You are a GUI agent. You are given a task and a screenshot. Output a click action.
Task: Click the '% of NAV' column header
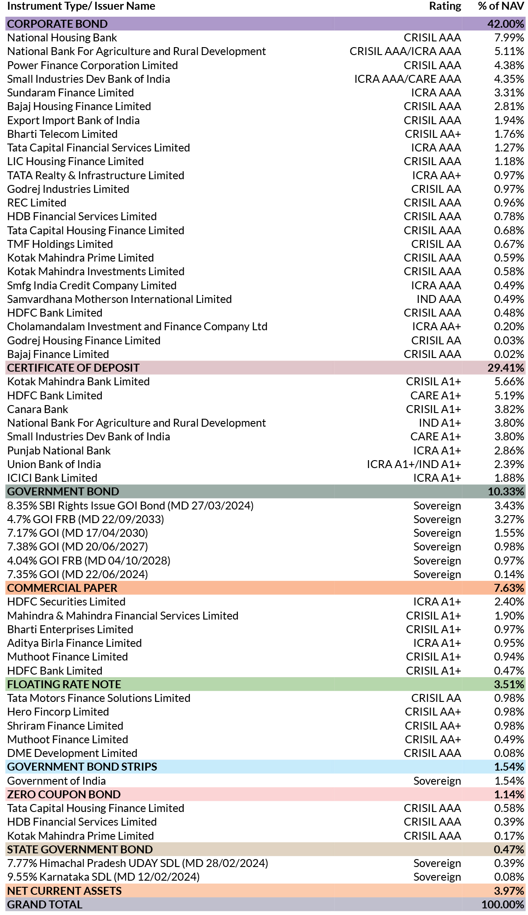click(501, 6)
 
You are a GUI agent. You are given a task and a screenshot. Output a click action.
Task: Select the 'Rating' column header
click(445, 6)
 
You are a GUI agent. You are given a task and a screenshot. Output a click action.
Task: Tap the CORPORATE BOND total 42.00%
click(506, 24)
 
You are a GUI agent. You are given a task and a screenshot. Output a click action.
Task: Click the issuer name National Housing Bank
click(62, 38)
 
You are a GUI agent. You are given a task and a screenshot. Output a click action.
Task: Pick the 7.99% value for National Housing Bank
click(509, 38)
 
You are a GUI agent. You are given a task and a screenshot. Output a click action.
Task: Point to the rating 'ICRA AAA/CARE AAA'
click(407, 79)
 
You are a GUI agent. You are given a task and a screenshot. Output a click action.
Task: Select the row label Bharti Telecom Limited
click(62, 134)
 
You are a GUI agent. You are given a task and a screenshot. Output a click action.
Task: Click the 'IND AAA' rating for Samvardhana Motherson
click(439, 299)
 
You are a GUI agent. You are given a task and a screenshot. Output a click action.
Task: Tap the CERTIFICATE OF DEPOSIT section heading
click(73, 368)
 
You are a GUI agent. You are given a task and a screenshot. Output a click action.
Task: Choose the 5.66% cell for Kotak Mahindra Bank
click(509, 382)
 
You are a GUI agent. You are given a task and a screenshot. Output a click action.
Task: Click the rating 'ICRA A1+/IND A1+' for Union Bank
click(414, 465)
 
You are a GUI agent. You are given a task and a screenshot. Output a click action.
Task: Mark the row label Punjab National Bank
click(59, 451)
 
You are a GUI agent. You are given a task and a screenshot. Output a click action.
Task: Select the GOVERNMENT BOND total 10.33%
click(506, 491)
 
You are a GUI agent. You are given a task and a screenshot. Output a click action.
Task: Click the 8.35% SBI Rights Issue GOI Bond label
click(130, 506)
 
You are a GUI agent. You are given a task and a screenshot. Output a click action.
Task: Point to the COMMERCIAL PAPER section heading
click(62, 588)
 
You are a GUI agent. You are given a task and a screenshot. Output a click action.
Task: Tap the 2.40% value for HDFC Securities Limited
click(509, 602)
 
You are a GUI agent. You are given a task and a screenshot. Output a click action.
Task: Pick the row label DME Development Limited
click(72, 753)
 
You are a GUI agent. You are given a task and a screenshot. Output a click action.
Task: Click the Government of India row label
click(56, 781)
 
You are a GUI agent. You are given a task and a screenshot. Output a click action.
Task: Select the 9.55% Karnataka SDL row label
click(103, 877)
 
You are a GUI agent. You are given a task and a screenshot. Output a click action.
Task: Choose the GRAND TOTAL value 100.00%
click(503, 904)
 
